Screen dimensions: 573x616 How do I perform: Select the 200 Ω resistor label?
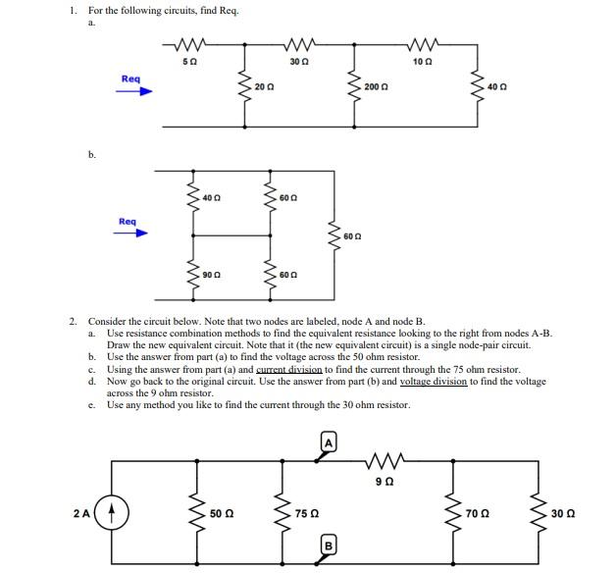click(x=374, y=87)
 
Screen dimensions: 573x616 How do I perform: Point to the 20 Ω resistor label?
click(x=263, y=87)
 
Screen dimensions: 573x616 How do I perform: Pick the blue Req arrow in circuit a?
click(x=136, y=90)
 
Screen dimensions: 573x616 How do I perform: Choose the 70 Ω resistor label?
click(x=477, y=513)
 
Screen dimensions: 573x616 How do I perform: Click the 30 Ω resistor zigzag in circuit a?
click(x=295, y=44)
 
